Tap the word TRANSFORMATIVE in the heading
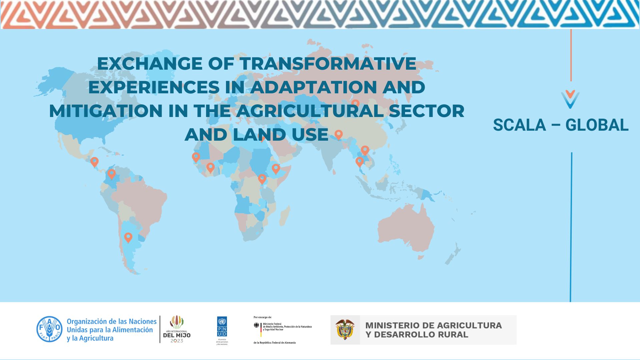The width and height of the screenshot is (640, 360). (x=328, y=63)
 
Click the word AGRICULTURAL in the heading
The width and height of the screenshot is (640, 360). (x=310, y=111)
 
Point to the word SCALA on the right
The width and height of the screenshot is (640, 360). (x=519, y=125)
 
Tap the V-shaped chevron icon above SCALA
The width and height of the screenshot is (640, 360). (x=570, y=99)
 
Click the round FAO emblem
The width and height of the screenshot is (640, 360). (x=49, y=329)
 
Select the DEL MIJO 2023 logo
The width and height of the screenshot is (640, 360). (x=177, y=329)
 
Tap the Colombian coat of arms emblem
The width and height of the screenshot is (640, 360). (x=345, y=329)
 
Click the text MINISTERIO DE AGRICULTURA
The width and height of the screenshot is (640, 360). (x=433, y=325)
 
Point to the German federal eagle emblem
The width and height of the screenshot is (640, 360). (x=256, y=325)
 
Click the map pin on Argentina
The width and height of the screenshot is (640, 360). (x=128, y=237)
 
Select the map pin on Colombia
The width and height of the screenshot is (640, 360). (x=111, y=173)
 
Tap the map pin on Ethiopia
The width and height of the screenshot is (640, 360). (x=276, y=168)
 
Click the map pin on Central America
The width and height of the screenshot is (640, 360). (x=94, y=162)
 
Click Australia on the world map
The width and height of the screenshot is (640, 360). (x=407, y=230)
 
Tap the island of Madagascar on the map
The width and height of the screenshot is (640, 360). (x=285, y=215)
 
